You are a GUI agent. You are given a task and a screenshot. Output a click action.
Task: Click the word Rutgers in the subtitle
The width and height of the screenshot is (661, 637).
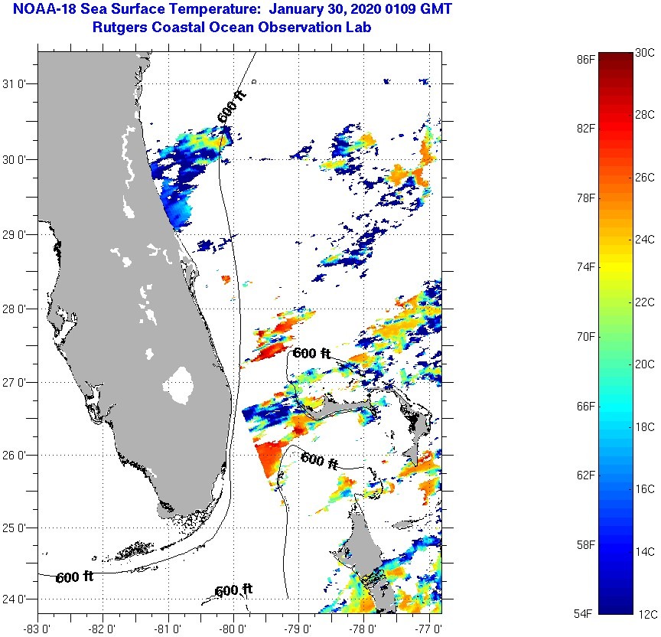119,28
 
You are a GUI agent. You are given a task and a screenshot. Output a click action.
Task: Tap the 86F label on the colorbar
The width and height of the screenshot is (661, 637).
586,58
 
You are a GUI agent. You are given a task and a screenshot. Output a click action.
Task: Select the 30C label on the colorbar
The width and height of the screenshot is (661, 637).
645,52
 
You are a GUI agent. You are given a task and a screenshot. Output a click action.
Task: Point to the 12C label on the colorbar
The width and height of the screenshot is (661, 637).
645,614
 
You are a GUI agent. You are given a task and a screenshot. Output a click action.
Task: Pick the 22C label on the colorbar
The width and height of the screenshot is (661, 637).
645,302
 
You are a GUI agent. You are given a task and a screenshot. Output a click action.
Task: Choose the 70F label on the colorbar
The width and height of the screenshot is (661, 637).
586,336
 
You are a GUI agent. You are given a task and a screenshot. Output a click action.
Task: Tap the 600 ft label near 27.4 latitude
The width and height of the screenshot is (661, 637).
311,354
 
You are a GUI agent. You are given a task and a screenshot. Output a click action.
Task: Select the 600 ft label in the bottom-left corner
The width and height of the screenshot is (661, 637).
74,577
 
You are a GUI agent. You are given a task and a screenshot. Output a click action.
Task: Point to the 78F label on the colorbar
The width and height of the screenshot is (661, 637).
586,198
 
